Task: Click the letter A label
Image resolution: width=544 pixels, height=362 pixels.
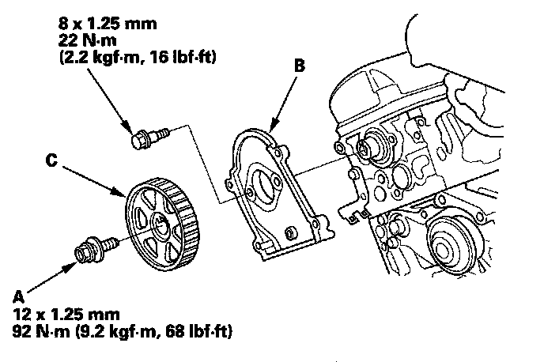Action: point(18,296)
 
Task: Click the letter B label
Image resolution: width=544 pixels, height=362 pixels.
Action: point(299,69)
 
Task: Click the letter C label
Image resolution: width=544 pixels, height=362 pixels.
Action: point(50,160)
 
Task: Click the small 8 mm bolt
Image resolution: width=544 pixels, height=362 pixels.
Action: point(142,141)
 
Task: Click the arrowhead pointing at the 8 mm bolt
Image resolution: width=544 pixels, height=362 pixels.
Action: point(129,129)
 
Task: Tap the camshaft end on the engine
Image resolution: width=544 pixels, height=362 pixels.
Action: point(365,148)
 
